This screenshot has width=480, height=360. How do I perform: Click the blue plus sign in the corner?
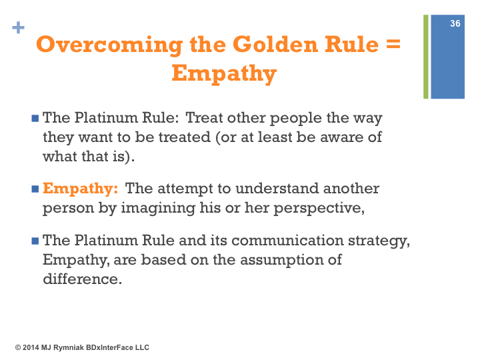point(19,27)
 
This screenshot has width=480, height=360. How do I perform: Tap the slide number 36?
point(455,23)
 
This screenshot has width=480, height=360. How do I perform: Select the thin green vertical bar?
point(426,57)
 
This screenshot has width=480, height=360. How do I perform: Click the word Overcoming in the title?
point(109,45)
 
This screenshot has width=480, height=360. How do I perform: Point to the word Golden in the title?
point(275,45)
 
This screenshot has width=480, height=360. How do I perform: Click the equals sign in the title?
point(393,45)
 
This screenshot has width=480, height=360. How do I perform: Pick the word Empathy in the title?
point(224,73)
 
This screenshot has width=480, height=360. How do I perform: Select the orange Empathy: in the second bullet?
point(80,189)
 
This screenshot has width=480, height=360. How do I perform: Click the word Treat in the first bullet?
point(204,118)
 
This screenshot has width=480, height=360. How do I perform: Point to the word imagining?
point(158,209)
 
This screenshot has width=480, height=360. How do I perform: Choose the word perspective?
point(319,209)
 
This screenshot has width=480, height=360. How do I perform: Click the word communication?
point(287,240)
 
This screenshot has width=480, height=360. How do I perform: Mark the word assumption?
point(281,260)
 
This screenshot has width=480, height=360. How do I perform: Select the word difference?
point(83,279)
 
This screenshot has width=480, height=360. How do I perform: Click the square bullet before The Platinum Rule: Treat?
point(35,118)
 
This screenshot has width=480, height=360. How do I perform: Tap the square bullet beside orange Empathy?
point(35,189)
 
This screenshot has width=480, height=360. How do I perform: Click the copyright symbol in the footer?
point(18,347)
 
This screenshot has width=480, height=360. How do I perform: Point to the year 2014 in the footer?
point(31,347)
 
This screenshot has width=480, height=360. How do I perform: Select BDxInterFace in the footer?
point(109,347)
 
